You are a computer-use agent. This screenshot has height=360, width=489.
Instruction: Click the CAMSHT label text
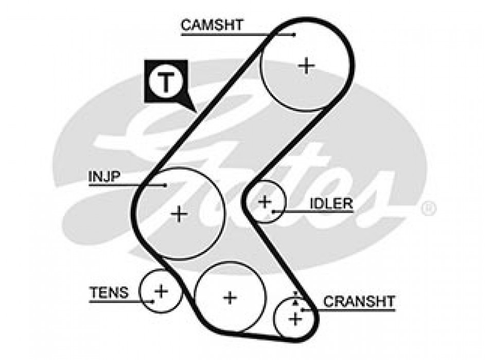tap(212, 25)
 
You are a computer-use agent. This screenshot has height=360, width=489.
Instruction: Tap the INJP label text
tap(104, 176)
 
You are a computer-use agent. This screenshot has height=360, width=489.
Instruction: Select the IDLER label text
tap(331, 204)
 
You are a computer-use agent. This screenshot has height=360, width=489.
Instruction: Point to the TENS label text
tap(109, 292)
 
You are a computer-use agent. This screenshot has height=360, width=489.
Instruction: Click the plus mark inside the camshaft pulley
tap(306, 65)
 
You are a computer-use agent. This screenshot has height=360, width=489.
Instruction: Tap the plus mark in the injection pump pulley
tap(179, 213)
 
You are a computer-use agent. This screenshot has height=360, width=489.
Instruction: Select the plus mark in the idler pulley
tap(265, 202)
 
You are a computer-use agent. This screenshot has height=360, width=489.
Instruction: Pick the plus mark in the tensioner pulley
tap(162, 292)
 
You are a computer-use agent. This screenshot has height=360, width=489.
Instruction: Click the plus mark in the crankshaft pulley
tap(295, 319)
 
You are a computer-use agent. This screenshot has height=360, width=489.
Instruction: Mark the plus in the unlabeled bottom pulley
tap(230, 297)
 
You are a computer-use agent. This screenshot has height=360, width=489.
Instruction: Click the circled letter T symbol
tap(166, 82)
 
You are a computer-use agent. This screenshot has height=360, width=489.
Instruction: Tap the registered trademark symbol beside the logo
tap(428, 208)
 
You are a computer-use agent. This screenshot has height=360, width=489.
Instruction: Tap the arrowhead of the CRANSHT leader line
tap(303, 310)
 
